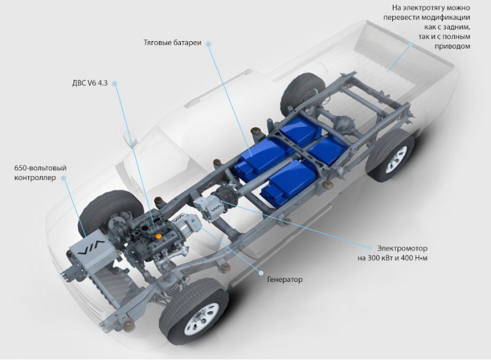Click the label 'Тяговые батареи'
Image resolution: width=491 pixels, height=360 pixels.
172,42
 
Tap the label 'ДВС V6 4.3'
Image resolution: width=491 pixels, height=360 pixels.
90,84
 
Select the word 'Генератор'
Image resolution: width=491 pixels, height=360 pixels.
285,280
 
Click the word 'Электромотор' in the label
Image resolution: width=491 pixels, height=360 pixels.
402,248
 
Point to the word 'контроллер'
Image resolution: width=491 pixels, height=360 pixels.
35,178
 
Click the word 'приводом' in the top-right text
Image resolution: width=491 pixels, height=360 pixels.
452,46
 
